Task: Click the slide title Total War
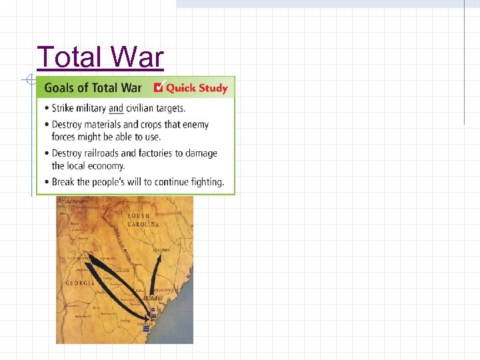point(100,57)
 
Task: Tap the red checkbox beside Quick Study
point(158,87)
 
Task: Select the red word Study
point(213,88)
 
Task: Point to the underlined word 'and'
point(116,108)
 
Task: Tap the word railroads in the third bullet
point(109,153)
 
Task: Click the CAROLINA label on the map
point(144,225)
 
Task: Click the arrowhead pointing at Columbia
point(159,255)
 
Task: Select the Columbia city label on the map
point(160,250)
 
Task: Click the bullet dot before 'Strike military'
point(45,108)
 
